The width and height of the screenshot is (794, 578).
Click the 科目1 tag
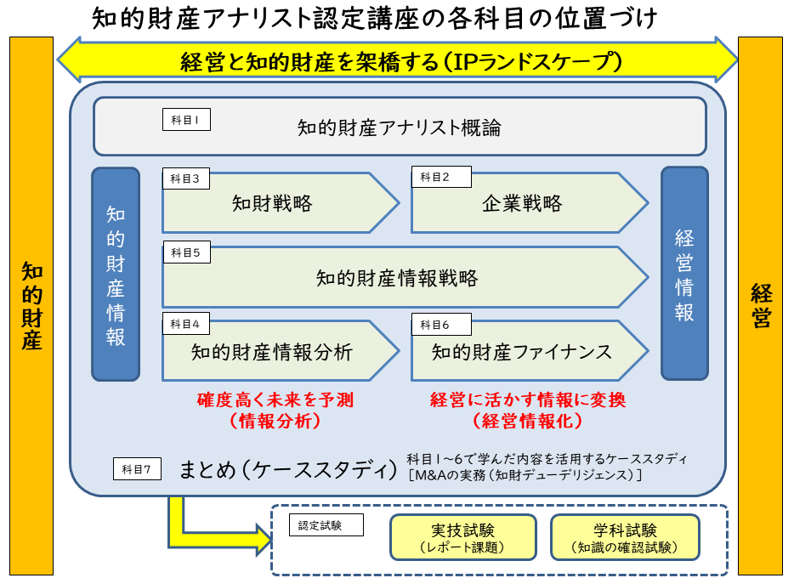pos(186,120)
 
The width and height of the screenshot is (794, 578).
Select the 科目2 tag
pos(435,178)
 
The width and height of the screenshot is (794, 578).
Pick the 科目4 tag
pos(186,324)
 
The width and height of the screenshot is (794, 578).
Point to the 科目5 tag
pos(186,252)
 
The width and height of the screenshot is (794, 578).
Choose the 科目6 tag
pos(435,324)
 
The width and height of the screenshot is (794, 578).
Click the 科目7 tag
pos(137,468)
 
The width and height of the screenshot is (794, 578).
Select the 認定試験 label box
pos(326,525)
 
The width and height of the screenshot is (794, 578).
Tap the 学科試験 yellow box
pos(625,537)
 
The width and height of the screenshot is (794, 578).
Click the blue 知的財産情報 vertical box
pos(116,274)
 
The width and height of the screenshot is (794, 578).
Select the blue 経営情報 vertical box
pos(684,274)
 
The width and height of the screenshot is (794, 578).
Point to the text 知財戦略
pos(272,204)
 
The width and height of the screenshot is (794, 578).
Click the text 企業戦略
pos(522,204)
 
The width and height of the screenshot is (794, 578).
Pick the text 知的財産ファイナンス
pos(522,351)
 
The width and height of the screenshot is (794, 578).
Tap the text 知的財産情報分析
pos(272,351)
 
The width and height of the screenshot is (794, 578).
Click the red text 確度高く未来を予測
pos(275,399)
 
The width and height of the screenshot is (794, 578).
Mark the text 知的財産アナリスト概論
pos(399,128)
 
